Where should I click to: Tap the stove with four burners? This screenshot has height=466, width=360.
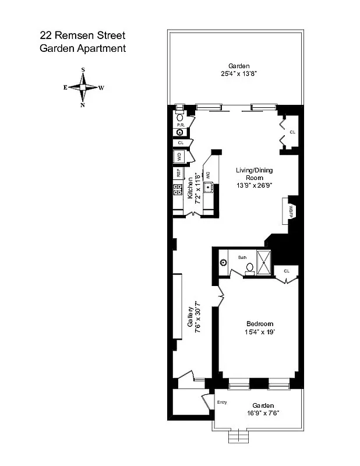coord(178,189)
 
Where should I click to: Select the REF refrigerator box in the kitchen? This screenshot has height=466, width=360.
coord(178,173)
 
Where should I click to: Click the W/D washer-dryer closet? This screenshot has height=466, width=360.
coord(179,156)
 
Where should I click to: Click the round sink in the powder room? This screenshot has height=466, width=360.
coord(179,132)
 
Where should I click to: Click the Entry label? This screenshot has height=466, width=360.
coord(221,402)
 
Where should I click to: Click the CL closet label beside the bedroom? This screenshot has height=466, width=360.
coord(287,271)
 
